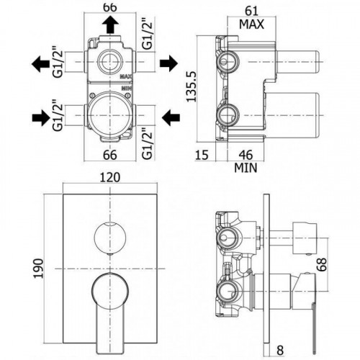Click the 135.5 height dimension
[192, 86]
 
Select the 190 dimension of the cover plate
[38, 269]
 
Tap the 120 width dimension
[109, 177]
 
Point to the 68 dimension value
[322, 264]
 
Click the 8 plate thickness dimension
[280, 350]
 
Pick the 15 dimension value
[202, 155]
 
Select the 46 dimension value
[246, 155]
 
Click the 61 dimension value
[251, 11]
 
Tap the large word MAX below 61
[251, 24]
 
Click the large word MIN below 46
[246, 168]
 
